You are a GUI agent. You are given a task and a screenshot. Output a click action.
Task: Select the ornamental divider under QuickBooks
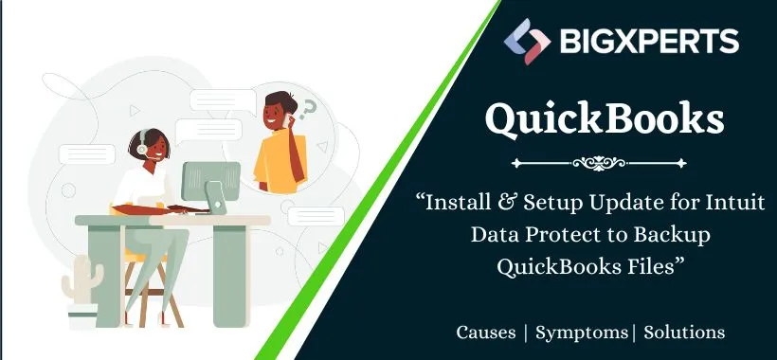click(605, 163)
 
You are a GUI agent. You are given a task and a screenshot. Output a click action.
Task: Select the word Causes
click(486, 332)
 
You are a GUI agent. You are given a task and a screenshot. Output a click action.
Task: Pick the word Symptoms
click(581, 332)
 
